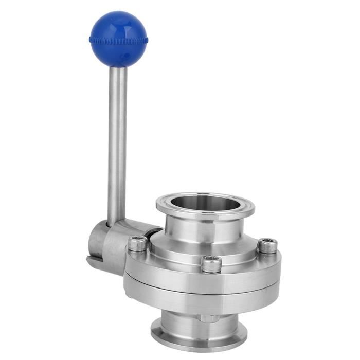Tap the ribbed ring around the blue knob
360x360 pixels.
pyautogui.click(x=118, y=40)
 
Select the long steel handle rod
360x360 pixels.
pyautogui.click(x=117, y=144)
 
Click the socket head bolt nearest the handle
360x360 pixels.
pyautogui.click(x=137, y=243)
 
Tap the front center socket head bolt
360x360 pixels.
pyautogui.click(x=211, y=264)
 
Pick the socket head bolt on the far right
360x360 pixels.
pyautogui.click(x=267, y=245)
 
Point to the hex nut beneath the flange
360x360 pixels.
pyautogui.click(x=209, y=318)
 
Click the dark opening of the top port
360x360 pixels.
pyautogui.click(x=205, y=202)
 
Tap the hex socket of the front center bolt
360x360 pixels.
pyautogui.click(x=211, y=261)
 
